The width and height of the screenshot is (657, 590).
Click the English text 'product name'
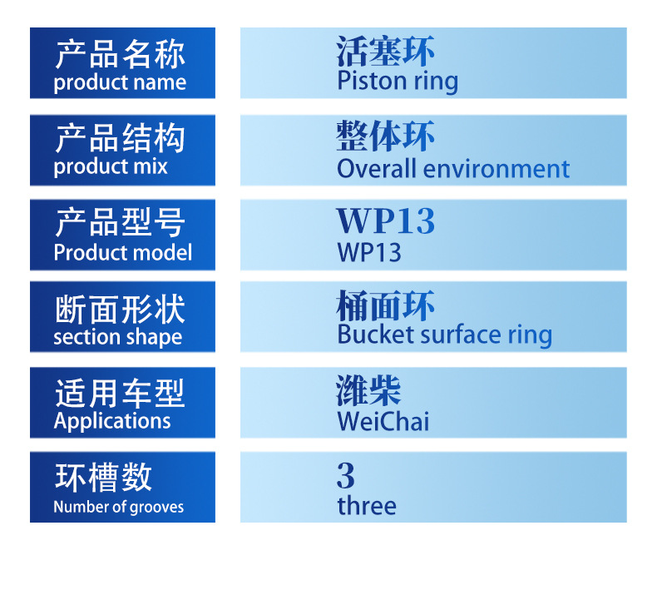[x=120, y=82]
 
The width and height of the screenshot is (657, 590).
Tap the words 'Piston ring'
[x=398, y=82]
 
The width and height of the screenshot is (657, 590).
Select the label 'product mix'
[x=111, y=167]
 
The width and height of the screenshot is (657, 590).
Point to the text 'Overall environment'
[x=453, y=169]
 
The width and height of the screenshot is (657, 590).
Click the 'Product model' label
[x=123, y=253]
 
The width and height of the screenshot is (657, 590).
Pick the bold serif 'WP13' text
[x=386, y=221]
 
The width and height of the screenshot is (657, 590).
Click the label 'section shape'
[x=118, y=337]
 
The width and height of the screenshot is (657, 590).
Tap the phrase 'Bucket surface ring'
[x=445, y=335]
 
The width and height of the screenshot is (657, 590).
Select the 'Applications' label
[x=112, y=421]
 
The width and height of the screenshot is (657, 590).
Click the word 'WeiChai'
[x=383, y=421]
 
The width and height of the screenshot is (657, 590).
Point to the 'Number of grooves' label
[x=119, y=507]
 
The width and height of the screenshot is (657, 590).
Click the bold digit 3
[x=346, y=475]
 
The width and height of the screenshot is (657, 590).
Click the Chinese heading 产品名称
[x=120, y=55]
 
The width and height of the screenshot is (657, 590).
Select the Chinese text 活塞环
[x=386, y=51]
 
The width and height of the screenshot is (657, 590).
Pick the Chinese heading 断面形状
[x=120, y=310]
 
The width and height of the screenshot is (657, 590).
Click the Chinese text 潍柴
[x=368, y=391]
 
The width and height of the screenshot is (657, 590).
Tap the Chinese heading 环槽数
[x=103, y=477]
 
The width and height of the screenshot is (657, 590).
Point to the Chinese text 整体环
[x=386, y=136]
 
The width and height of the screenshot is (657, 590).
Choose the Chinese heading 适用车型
[x=120, y=394]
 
